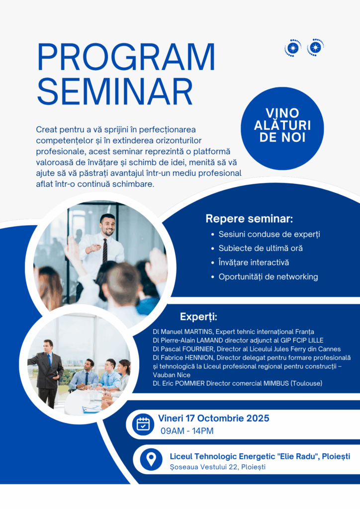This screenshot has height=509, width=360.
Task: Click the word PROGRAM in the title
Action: pyautogui.click(x=126, y=57)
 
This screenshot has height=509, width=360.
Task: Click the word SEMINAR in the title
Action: pyautogui.click(x=115, y=91)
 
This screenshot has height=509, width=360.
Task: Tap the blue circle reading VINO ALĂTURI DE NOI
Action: pyautogui.click(x=282, y=128)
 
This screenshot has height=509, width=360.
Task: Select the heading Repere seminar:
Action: pyautogui.click(x=249, y=219)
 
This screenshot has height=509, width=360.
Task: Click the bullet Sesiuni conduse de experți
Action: pyautogui.click(x=269, y=234)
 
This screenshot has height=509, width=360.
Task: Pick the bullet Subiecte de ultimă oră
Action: pyautogui.click(x=261, y=249)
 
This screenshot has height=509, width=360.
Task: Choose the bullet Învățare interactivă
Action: pyautogui.click(x=254, y=262)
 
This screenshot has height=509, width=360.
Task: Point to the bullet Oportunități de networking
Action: pyautogui.click(x=268, y=276)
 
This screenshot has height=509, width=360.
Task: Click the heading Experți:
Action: pyautogui.click(x=198, y=317)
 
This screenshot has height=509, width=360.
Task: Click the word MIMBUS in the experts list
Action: pyautogui.click(x=276, y=383)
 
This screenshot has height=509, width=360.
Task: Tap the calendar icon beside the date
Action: pyautogui.click(x=143, y=424)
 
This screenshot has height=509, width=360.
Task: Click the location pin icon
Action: pyautogui.click(x=151, y=459)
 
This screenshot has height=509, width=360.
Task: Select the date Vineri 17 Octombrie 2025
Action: pyautogui.click(x=214, y=418)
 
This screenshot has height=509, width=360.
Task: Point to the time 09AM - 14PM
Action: pyautogui.click(x=187, y=431)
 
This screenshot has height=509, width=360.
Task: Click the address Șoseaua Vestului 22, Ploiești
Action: pyautogui.click(x=217, y=467)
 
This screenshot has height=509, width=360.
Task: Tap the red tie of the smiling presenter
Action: pyautogui.click(x=105, y=251)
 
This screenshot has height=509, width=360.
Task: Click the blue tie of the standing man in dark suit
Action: pyautogui.click(x=49, y=361)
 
